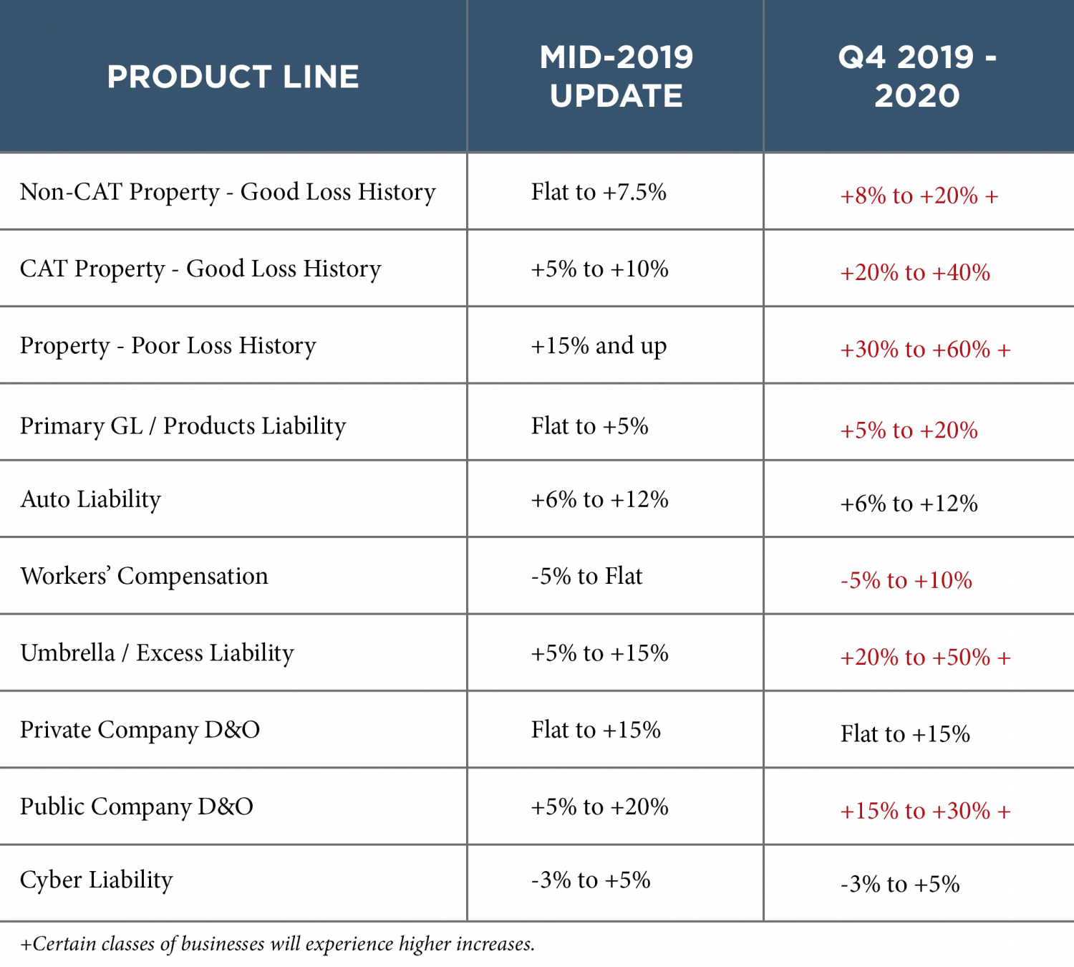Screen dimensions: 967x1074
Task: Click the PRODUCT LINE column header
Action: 233,77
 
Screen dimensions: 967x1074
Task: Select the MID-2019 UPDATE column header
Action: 616,77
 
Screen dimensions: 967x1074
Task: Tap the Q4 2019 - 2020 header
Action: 917,77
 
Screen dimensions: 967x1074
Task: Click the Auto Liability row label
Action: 91,499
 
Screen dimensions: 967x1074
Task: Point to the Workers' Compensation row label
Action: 144,576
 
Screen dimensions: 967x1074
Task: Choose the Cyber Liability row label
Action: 97,880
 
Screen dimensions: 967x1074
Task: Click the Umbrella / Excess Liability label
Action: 157,653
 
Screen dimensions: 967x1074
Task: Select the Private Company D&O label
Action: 140,729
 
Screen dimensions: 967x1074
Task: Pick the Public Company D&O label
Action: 137,807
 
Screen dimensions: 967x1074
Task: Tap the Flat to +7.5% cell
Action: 599,192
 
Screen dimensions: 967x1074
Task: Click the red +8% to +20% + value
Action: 919,196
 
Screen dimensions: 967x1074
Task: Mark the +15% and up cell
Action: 599,346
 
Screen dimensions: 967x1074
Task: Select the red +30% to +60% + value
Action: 925,350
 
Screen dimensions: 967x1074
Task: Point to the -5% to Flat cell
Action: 586,576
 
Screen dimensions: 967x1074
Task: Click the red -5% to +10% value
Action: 906,580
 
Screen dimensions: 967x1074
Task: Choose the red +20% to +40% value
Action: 915,273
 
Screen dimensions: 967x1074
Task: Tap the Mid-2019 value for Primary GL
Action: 589,426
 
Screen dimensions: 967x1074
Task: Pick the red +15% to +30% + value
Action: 925,811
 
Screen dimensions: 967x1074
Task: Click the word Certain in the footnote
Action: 64,944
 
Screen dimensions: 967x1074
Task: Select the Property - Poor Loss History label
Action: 168,346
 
